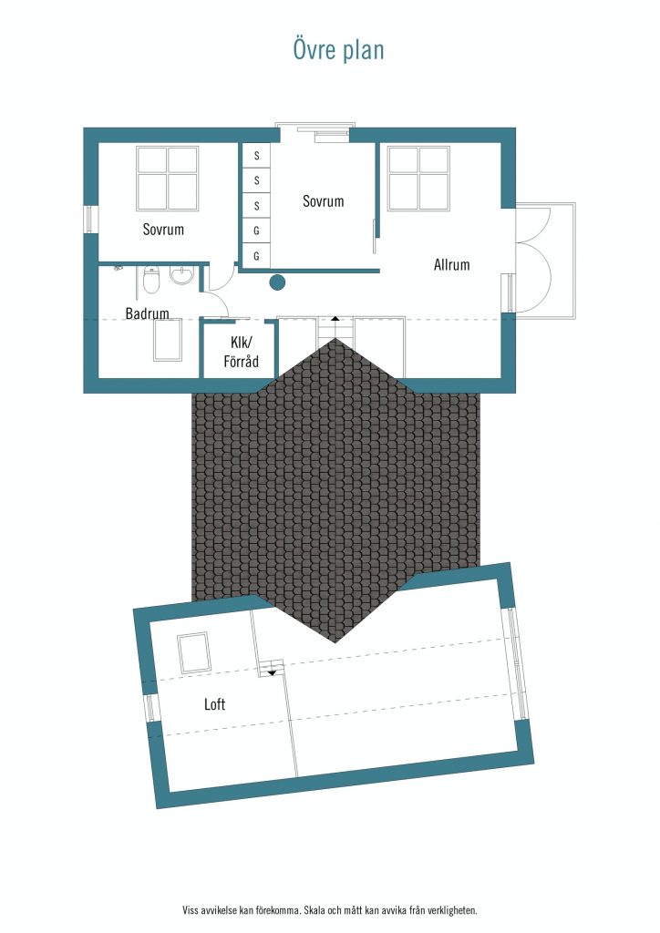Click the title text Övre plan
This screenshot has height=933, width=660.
click(338, 50)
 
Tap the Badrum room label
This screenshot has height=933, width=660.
click(147, 313)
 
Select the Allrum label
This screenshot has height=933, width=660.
click(452, 264)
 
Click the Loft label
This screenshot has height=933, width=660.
click(214, 704)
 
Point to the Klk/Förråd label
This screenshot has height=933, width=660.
click(241, 352)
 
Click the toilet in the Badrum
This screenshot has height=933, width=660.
click(151, 281)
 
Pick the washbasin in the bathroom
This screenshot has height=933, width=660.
click(182, 275)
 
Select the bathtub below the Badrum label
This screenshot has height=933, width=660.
click(167, 340)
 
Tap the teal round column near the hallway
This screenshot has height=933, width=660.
click(277, 282)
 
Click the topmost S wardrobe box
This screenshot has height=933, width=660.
click(256, 155)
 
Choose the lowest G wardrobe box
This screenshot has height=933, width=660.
click(256, 256)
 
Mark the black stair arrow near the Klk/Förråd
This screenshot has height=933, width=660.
click(335, 319)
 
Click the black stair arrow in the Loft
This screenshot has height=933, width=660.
click(272, 672)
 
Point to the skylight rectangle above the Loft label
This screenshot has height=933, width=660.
click(193, 652)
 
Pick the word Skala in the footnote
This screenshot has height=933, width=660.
click(315, 910)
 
